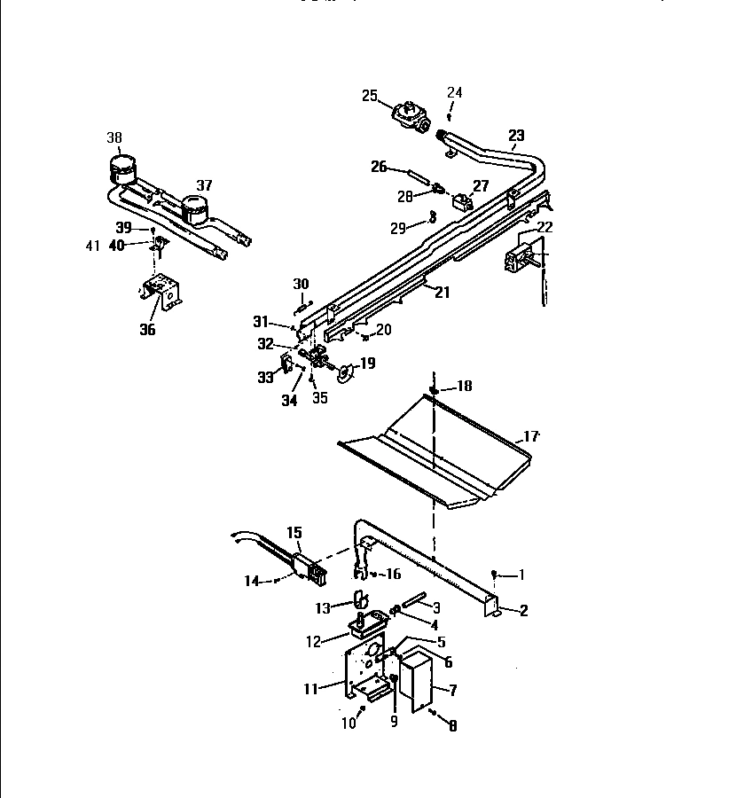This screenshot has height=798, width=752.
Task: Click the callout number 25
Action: coord(370,96)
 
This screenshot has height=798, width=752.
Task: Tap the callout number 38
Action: coord(114,137)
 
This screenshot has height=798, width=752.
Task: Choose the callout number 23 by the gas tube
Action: coord(516,136)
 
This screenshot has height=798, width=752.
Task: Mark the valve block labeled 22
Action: coord(519,257)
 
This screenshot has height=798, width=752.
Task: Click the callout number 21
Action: coord(442,292)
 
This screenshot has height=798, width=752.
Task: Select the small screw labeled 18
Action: coord(435,389)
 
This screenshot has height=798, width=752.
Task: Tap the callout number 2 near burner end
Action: coord(523,610)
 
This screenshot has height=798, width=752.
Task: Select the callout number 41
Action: coord(93,246)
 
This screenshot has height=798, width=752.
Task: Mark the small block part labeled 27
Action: coord(461,201)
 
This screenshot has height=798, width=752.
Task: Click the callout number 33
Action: coord(265,378)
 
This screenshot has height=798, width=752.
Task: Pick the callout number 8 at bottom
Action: coord(452,725)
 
